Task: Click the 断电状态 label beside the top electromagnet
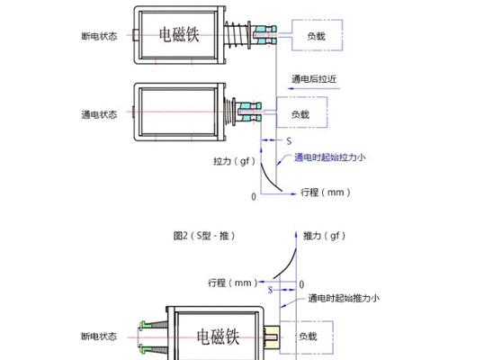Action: (99, 36)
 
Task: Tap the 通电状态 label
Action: (99, 114)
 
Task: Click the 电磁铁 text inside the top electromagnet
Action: (179, 34)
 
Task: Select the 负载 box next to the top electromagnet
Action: (317, 35)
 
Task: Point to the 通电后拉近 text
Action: (314, 78)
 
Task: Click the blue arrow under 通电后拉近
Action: (314, 89)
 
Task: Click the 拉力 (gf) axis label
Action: (234, 161)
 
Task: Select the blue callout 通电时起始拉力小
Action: (330, 157)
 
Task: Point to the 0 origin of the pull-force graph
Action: (254, 197)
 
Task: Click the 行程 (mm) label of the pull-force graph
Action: (326, 192)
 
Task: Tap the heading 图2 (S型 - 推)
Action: (204, 236)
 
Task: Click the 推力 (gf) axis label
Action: (324, 236)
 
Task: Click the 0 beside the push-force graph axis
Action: (301, 284)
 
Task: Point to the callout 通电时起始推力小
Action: (344, 298)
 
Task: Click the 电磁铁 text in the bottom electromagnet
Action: (218, 337)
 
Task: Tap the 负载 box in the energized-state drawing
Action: (302, 112)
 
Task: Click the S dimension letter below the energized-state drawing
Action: (289, 141)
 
